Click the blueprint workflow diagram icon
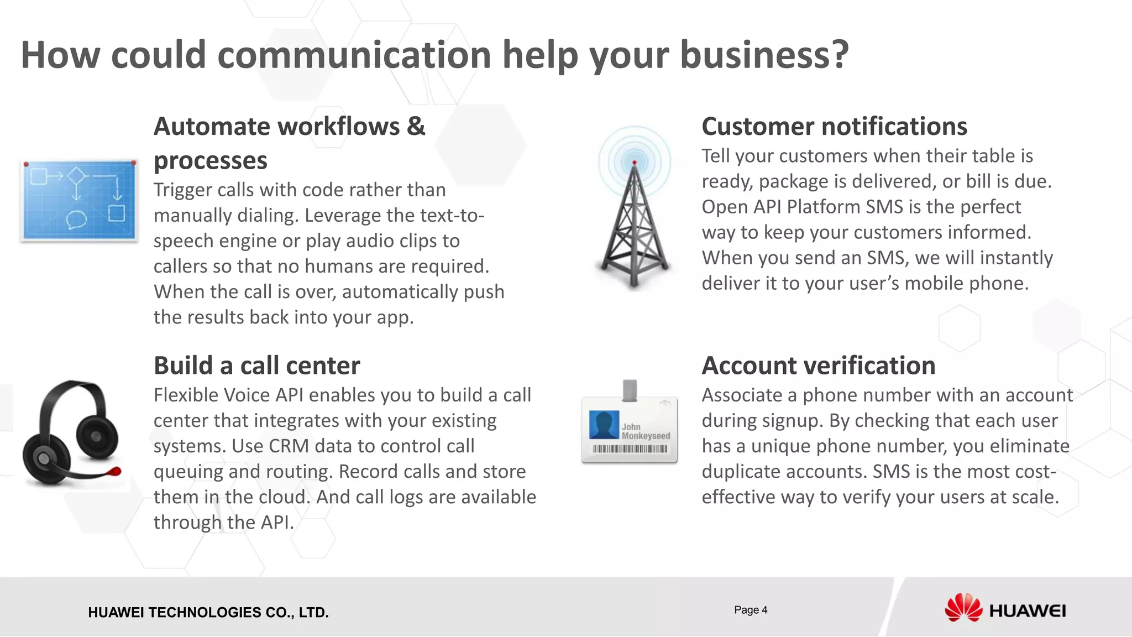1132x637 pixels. [79, 200]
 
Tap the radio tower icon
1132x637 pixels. [634, 210]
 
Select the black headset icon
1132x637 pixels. [71, 434]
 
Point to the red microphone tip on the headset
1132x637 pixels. [116, 471]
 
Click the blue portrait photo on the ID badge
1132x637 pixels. [604, 425]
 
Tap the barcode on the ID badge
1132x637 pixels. [630, 449]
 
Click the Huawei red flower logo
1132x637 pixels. [963, 608]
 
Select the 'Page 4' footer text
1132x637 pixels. [751, 610]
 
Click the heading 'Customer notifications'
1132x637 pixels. [834, 127]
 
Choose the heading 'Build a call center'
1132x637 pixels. [256, 366]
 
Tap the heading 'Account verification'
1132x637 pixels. [818, 366]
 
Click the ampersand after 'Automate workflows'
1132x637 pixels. [416, 127]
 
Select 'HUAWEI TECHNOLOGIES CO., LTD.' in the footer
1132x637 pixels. [208, 613]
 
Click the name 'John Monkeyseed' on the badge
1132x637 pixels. [645, 431]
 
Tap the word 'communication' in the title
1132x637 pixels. [354, 55]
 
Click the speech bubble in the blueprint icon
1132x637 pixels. [76, 220]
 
